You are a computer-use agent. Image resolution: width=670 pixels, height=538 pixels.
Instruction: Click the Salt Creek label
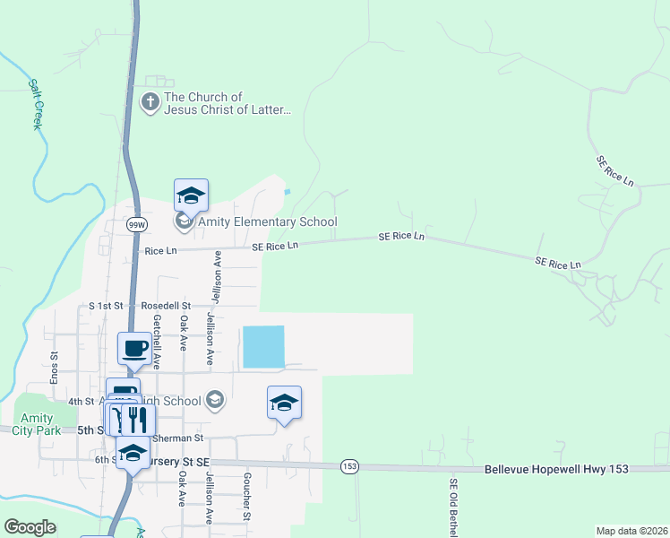coord(37,104)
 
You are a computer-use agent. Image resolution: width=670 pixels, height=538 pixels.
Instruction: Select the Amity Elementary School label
coord(267,222)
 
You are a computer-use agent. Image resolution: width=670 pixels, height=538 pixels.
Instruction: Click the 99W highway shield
coord(136,223)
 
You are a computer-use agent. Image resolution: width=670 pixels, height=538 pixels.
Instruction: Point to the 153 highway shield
coord(348,466)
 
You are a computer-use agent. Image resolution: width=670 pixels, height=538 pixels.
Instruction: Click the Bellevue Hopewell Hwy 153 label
coord(556,469)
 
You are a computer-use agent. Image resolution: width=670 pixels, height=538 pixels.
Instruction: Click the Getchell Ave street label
coord(157,342)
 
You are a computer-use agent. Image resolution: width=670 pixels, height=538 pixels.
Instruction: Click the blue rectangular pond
coord(262,346)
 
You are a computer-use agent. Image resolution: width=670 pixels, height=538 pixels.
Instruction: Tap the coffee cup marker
coord(134,348)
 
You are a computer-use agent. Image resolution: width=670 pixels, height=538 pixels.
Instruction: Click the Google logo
coord(30,527)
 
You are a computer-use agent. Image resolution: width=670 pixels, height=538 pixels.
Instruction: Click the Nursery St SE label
coord(179,461)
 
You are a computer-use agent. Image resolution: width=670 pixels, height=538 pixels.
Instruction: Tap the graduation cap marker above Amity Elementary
coord(191,195)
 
